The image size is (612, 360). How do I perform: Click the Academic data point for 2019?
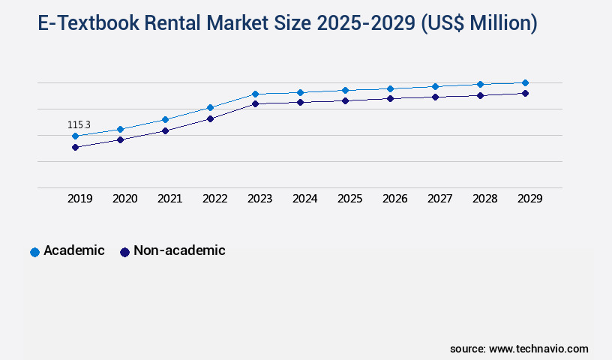(x=75, y=136)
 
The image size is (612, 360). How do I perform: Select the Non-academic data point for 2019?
(x=75, y=147)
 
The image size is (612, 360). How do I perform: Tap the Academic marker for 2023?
(x=255, y=94)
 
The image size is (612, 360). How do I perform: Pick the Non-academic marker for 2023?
(x=255, y=103)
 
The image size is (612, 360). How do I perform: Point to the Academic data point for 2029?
(x=525, y=82)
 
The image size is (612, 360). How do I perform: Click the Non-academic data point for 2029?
(x=525, y=93)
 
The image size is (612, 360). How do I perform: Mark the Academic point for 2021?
(x=165, y=119)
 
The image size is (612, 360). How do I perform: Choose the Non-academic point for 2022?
(x=210, y=118)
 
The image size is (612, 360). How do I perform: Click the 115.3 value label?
(x=79, y=124)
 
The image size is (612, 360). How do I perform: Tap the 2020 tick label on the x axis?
(x=124, y=199)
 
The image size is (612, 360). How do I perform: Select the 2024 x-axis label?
(x=304, y=199)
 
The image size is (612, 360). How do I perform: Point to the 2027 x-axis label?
(x=439, y=199)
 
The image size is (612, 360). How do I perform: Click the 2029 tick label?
(x=529, y=199)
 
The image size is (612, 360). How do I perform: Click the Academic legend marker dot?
(x=34, y=252)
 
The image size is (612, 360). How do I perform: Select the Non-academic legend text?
(x=179, y=250)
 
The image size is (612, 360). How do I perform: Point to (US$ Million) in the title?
(x=479, y=24)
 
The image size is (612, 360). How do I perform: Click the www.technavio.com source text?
(x=538, y=349)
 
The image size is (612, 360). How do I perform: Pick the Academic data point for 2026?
(x=390, y=88)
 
